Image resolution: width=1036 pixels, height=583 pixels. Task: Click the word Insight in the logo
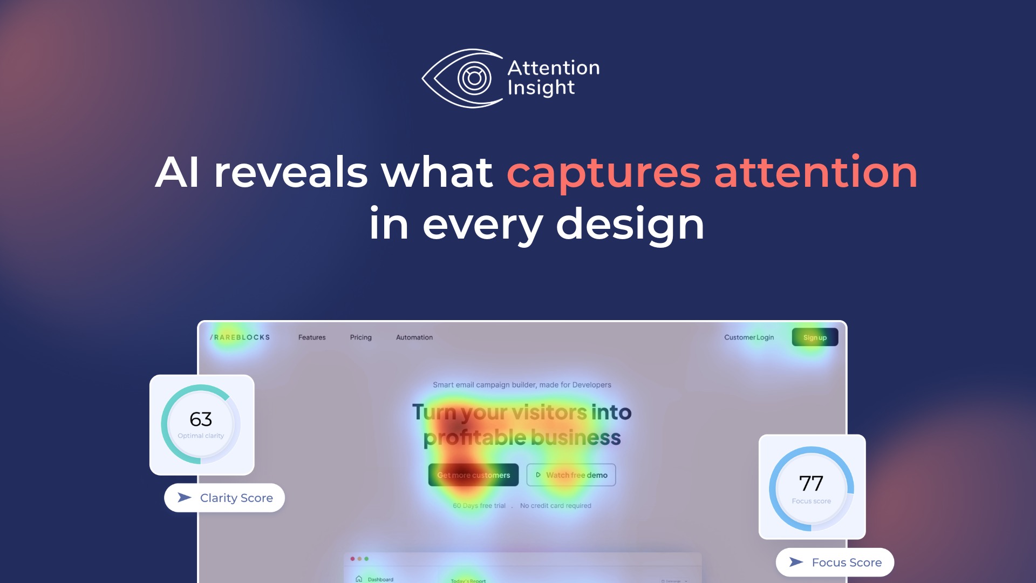pyautogui.click(x=541, y=88)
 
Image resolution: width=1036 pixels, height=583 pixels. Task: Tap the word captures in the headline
pyautogui.click(x=604, y=173)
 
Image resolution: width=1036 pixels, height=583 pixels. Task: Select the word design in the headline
pyautogui.click(x=630, y=224)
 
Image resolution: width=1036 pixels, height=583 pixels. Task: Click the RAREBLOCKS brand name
pyautogui.click(x=240, y=337)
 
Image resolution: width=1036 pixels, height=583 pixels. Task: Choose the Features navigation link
pyautogui.click(x=312, y=337)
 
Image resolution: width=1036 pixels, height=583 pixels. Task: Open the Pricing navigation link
pyautogui.click(x=360, y=337)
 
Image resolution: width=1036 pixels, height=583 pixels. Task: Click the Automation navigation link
pyautogui.click(x=414, y=337)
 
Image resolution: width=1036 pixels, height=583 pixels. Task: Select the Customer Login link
pyautogui.click(x=748, y=337)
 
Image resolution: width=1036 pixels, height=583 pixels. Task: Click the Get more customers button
pyautogui.click(x=473, y=475)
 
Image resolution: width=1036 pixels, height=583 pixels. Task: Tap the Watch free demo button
pyautogui.click(x=571, y=475)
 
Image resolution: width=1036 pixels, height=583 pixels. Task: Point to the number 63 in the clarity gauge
pyautogui.click(x=201, y=419)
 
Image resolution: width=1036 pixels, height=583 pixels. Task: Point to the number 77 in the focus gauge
pyautogui.click(x=811, y=484)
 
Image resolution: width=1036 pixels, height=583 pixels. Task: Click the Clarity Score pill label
pyautogui.click(x=225, y=498)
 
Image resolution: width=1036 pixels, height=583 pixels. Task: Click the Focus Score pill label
pyautogui.click(x=835, y=562)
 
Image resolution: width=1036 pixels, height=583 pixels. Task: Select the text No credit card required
pyautogui.click(x=555, y=506)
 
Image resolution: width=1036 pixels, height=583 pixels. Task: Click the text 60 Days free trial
pyautogui.click(x=479, y=506)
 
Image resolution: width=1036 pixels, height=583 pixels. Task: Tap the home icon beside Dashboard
pyautogui.click(x=359, y=579)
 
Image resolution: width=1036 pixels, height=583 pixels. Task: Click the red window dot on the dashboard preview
pyautogui.click(x=352, y=559)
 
